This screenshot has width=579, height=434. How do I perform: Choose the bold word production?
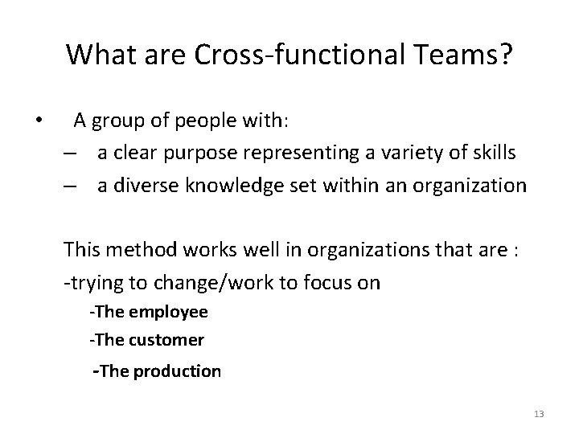point(178,371)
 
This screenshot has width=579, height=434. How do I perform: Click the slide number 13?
point(538,414)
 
